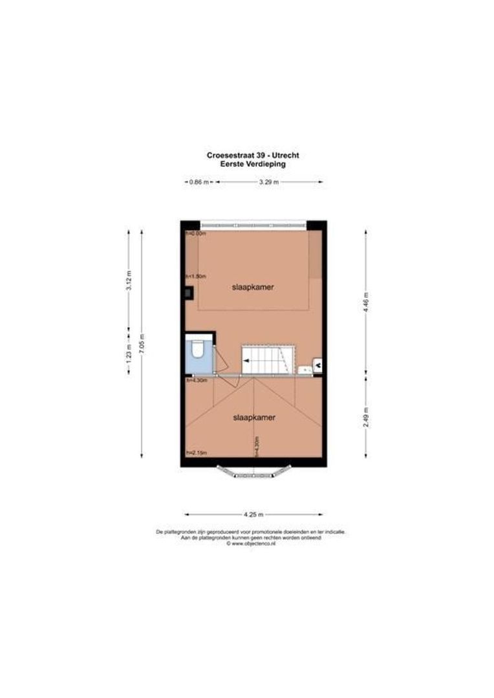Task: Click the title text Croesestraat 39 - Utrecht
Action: [x=252, y=156]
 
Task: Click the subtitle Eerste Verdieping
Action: [x=252, y=164]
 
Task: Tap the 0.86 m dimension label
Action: [x=199, y=182]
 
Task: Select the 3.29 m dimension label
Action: [x=268, y=182]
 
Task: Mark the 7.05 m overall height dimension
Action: [x=142, y=343]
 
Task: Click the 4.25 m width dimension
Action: [x=253, y=514]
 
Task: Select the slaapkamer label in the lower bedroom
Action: [x=254, y=418]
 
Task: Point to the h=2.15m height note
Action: [x=196, y=453]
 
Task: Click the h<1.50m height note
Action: [x=195, y=276]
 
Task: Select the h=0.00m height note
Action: [x=195, y=233]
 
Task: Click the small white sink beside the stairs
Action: [x=304, y=369]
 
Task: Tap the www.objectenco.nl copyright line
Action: [x=252, y=544]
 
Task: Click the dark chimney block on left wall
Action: [x=188, y=293]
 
